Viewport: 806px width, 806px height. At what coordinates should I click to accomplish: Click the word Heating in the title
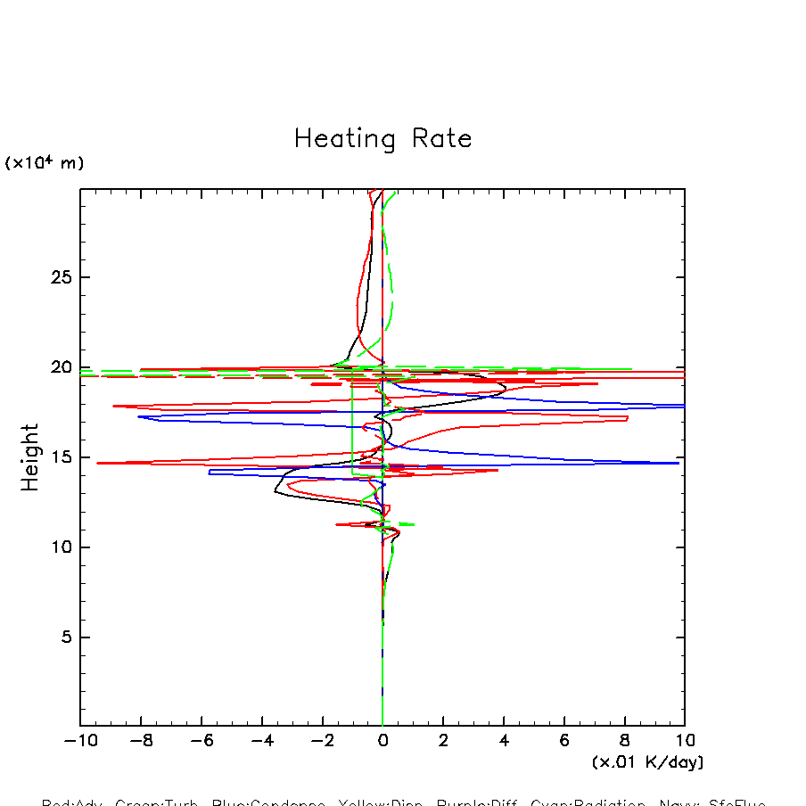344,140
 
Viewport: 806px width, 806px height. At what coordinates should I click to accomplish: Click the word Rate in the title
441,139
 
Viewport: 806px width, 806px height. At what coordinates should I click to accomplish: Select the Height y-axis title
31,457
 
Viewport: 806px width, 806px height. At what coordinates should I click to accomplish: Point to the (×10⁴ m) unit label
45,163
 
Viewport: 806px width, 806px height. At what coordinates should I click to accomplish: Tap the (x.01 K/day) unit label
647,762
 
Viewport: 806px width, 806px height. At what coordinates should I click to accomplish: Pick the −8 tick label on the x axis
136,741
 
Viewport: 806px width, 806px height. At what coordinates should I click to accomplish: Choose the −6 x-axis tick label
197,741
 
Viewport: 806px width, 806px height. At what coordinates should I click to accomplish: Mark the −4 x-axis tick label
258,741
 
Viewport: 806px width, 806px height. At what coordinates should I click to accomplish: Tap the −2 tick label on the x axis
317,741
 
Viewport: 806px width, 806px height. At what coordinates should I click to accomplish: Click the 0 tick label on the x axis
382,741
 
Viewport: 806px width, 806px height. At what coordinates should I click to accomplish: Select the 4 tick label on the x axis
504,741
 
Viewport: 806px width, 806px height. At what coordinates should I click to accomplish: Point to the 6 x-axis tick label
564,741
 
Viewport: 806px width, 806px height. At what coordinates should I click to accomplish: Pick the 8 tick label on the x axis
625,741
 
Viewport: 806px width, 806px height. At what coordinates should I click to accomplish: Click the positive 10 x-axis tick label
685,741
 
